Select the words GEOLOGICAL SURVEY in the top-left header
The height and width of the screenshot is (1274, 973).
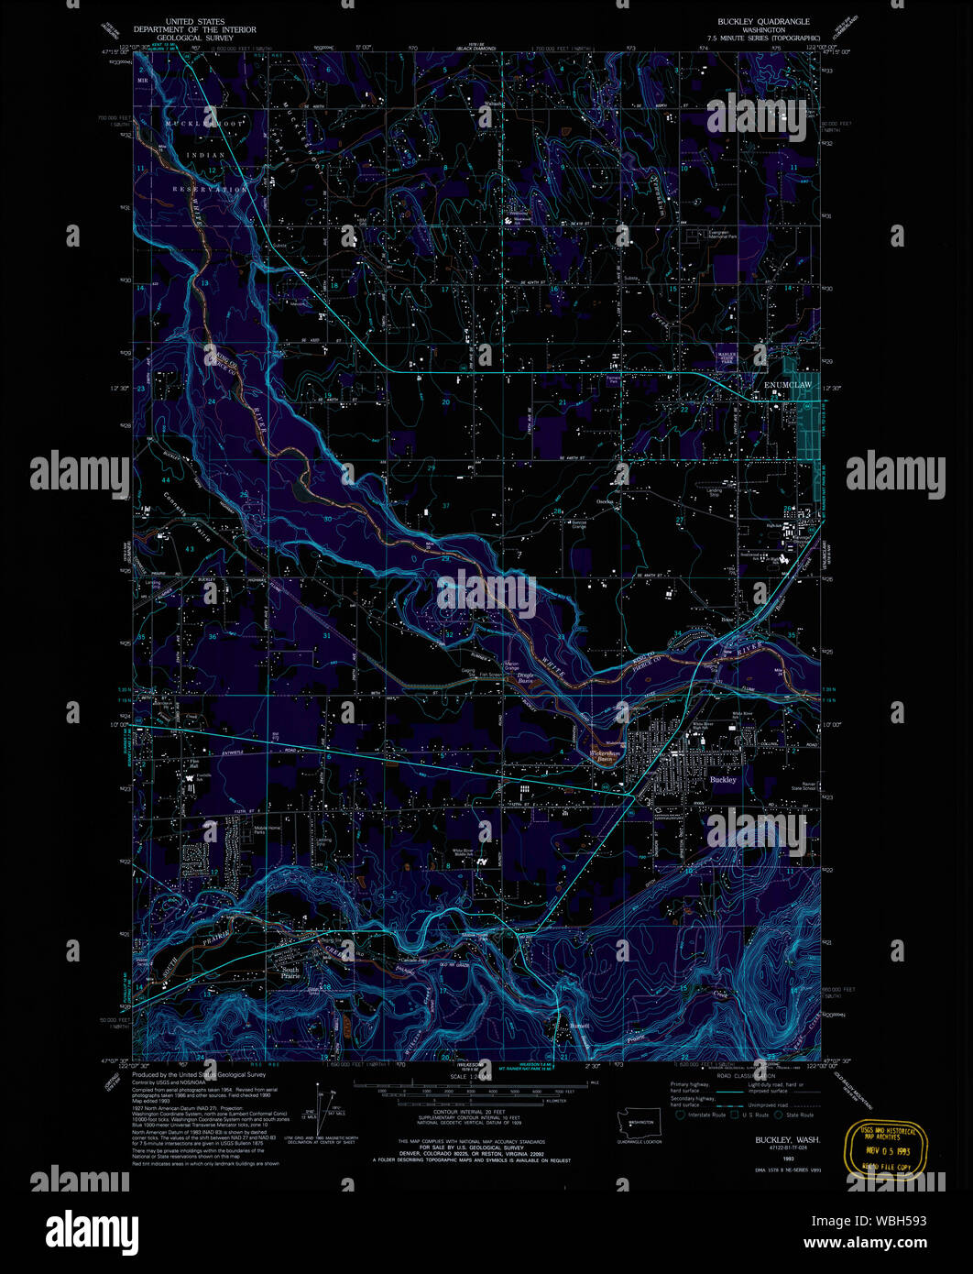click(x=194, y=39)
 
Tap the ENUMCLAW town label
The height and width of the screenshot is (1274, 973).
click(x=788, y=387)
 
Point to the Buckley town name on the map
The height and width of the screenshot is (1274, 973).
click(x=723, y=779)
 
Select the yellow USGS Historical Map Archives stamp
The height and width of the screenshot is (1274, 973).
click(x=886, y=1149)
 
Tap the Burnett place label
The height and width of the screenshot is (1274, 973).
click(x=574, y=1025)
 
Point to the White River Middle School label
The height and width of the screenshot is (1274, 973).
click(x=464, y=851)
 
